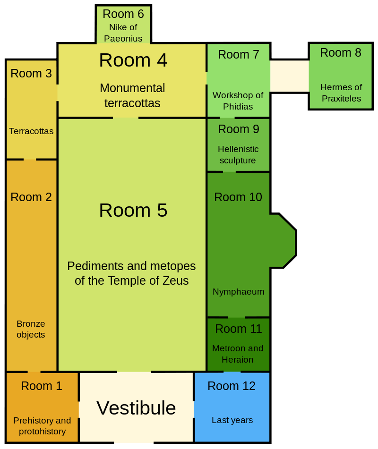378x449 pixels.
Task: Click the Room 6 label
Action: point(123,14)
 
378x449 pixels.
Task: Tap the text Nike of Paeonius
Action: point(123,33)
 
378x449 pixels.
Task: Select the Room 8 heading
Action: point(340,53)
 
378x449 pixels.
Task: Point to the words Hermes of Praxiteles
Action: point(341,93)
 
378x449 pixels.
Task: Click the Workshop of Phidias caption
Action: point(238,101)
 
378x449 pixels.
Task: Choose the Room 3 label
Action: point(31,74)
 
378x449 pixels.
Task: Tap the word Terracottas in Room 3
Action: point(31,131)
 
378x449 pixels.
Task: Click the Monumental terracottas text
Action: point(132,95)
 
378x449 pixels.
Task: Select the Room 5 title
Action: point(133,211)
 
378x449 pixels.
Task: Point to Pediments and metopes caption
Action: point(131,273)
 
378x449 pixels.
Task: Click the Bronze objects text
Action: point(31,330)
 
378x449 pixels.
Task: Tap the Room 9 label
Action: point(238,129)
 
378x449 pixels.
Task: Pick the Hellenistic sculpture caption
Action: point(238,155)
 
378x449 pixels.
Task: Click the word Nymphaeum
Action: point(238,292)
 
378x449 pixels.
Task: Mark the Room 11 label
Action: point(238,329)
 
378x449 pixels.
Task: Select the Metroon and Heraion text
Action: point(238,354)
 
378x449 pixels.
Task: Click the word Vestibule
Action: point(136,408)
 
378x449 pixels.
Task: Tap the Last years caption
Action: point(232,420)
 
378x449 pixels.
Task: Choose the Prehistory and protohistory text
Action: point(42,426)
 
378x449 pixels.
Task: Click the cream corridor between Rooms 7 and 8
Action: point(289,76)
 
